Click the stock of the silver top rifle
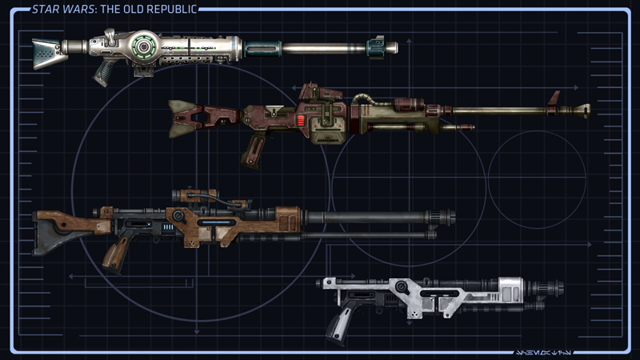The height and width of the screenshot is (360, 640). tap(48, 51)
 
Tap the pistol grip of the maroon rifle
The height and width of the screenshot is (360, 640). tap(255, 149)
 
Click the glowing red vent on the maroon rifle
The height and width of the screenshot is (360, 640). tap(299, 122)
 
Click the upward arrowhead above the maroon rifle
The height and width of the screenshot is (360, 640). tap(408, 39)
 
